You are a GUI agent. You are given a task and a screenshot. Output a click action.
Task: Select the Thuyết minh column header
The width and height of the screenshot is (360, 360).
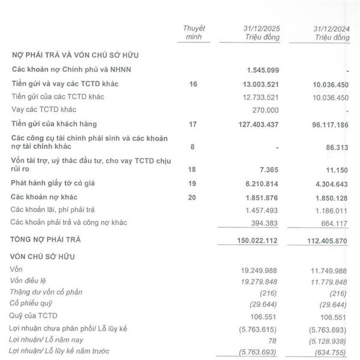(193, 32)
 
